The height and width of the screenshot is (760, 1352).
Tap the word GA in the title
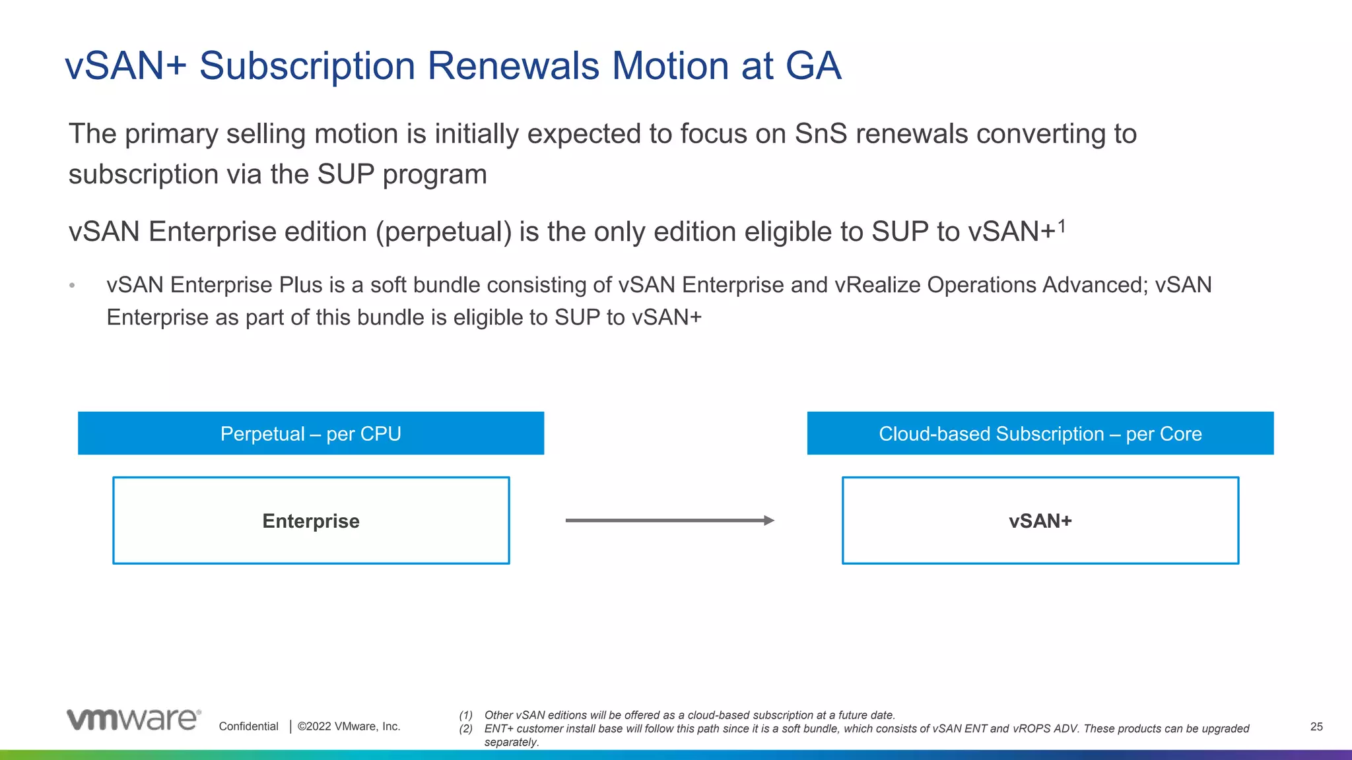813,66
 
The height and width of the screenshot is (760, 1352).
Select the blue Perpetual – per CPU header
311,433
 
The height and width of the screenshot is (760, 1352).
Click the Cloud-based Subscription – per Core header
1040,433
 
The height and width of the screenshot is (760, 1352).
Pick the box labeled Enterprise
311,521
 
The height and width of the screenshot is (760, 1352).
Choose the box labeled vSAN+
1040,521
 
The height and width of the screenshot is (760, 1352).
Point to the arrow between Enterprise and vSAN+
669,521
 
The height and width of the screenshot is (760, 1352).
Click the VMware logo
133,720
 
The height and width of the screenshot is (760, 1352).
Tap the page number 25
1316,726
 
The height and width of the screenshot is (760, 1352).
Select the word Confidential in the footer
248,726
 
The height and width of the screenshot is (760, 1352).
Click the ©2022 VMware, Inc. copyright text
349,726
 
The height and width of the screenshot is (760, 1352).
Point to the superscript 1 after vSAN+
1062,226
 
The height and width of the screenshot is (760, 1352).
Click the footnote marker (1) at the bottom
466,715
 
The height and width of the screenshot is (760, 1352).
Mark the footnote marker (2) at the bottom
466,729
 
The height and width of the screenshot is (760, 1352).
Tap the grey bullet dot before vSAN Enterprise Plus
72,286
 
